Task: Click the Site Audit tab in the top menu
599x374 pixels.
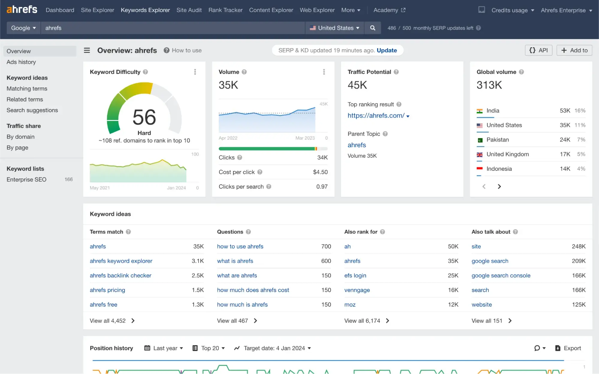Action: point(189,10)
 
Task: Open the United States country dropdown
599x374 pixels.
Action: point(335,28)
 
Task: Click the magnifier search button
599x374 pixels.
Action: point(372,28)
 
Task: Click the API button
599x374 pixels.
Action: point(538,50)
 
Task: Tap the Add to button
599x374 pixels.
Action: point(574,50)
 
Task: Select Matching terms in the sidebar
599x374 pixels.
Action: point(27,89)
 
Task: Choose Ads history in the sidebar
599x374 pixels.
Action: point(21,62)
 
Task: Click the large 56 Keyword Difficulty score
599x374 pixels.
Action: point(144,117)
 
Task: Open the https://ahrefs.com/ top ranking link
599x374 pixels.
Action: point(376,115)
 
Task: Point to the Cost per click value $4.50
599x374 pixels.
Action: point(320,172)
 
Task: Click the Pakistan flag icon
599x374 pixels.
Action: point(480,140)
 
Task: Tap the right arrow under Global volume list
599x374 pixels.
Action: point(499,187)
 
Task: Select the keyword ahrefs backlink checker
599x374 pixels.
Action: point(120,276)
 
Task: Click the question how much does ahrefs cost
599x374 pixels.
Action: point(253,290)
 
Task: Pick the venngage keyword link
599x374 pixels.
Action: point(357,290)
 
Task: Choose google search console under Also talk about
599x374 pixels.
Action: point(501,276)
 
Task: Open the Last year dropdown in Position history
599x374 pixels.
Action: point(164,348)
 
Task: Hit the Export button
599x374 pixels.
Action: point(568,348)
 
